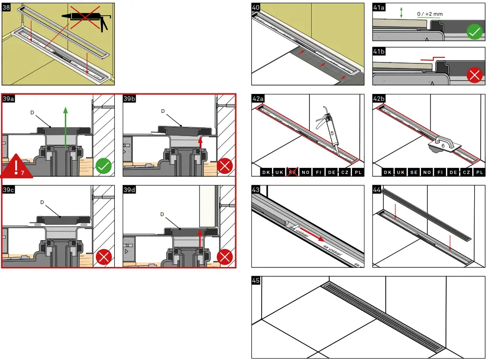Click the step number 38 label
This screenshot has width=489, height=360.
click(x=6, y=8)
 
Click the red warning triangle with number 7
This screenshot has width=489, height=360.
click(x=17, y=167)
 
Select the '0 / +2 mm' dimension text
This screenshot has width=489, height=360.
click(x=430, y=14)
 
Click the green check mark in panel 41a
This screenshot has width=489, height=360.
click(x=474, y=32)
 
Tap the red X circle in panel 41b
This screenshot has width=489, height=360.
click(x=474, y=75)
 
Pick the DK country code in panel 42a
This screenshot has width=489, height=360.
click(x=266, y=172)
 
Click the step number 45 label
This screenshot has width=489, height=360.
click(x=256, y=280)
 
